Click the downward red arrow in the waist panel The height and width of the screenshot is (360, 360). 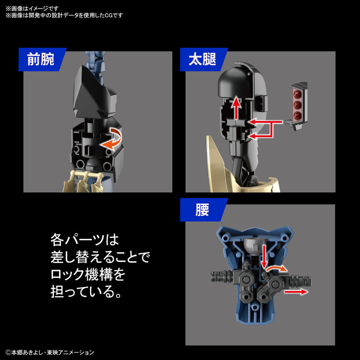(x=264, y=256)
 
